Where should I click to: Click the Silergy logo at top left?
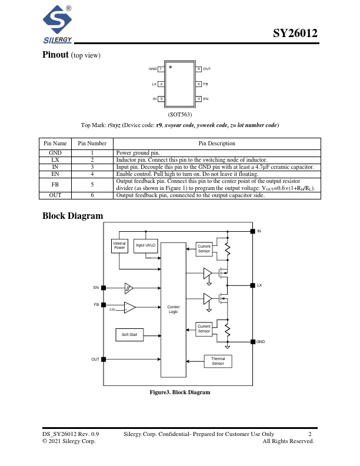point(56,25)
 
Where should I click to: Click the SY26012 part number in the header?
point(295,34)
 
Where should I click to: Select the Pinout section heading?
point(55,55)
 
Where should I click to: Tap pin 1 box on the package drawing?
point(161,69)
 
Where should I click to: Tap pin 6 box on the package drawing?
point(199,69)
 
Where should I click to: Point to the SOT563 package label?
point(179,114)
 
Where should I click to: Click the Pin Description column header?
point(217,144)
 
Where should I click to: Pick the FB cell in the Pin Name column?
point(55,185)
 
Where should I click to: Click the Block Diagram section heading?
point(72,216)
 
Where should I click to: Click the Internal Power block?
point(120,247)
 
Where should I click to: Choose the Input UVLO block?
point(145,246)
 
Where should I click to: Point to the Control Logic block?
point(173,309)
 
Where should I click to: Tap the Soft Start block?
point(129,335)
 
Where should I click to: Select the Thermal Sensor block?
point(218,361)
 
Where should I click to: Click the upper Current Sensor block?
point(204,249)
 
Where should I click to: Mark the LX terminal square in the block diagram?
point(252,285)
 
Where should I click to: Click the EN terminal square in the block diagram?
point(104,288)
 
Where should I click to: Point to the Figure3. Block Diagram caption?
point(179,392)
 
